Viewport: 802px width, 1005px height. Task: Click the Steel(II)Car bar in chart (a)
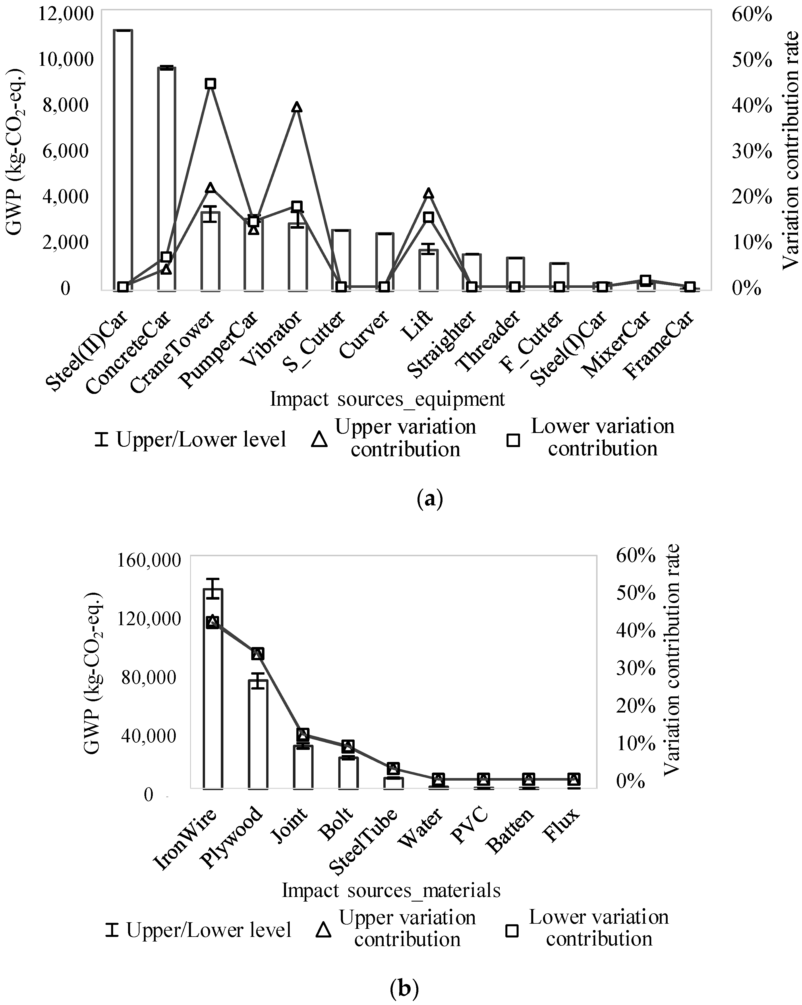pyautogui.click(x=123, y=159)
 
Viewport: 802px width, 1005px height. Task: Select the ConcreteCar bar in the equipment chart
pyautogui.click(x=166, y=177)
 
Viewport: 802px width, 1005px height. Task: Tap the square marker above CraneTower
pyautogui.click(x=210, y=83)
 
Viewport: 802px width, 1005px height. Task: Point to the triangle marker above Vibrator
pyautogui.click(x=297, y=107)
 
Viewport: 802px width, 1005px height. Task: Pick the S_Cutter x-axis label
pyautogui.click(x=317, y=342)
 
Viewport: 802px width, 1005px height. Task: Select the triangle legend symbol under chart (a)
pyautogui.click(x=319, y=439)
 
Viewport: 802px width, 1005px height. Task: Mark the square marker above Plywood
pyautogui.click(x=258, y=654)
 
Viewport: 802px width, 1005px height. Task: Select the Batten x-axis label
pyautogui.click(x=510, y=837)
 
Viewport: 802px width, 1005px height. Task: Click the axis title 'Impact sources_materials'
pyautogui.click(x=391, y=890)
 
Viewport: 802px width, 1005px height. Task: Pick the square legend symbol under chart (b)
pyautogui.click(x=512, y=930)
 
